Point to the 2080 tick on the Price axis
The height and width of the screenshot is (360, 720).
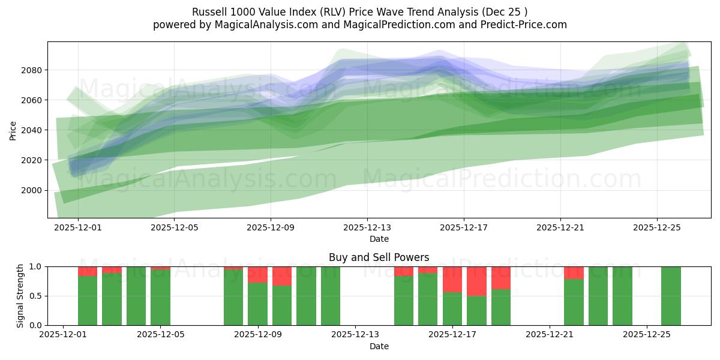tap(31, 70)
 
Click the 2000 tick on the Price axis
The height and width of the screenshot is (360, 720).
tap(31, 190)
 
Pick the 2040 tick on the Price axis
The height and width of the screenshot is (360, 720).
tap(31, 130)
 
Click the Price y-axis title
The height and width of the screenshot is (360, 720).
tap(13, 130)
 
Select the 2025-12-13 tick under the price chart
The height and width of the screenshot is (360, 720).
tap(367, 228)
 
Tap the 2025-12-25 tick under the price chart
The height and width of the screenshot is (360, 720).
tap(656, 228)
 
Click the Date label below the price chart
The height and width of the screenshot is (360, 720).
tap(379, 239)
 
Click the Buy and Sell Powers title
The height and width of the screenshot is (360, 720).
tap(379, 257)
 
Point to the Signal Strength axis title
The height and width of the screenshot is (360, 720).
tap(20, 295)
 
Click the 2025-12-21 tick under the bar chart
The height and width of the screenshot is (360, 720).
tap(550, 335)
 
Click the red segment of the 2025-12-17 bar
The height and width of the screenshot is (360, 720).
tap(452, 279)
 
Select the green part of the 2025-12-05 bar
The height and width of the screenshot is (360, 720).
tap(160, 298)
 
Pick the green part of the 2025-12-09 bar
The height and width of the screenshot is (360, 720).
tap(257, 304)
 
